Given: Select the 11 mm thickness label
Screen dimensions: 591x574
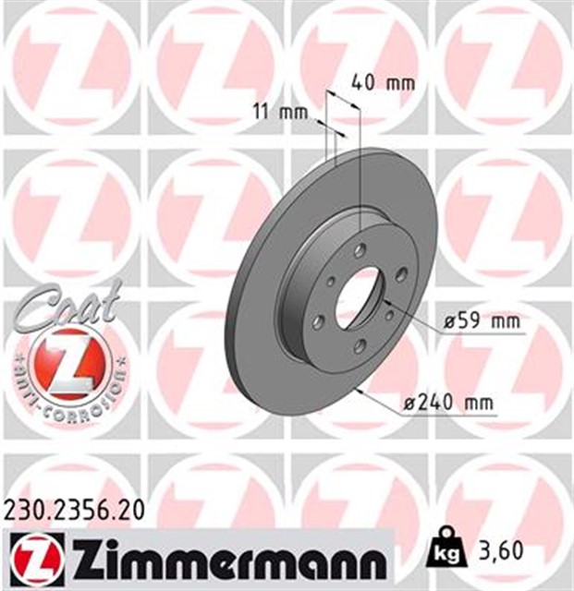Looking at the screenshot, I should [x=279, y=113].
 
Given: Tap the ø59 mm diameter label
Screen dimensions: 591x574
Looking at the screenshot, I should [x=482, y=322].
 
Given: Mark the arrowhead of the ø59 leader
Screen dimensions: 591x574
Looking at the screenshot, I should [x=383, y=300].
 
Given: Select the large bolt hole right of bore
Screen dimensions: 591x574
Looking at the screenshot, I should [x=400, y=273].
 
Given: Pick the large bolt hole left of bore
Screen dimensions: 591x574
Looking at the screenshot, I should [x=319, y=321].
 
